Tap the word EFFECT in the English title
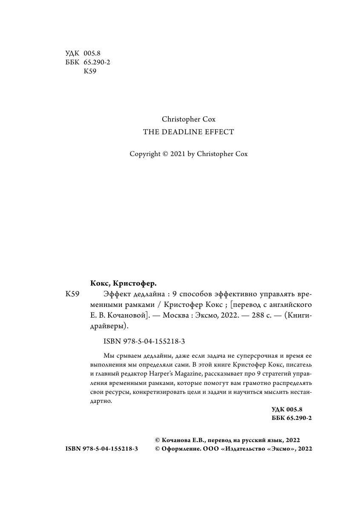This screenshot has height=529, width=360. (x=219, y=132)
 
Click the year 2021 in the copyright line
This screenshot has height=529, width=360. (x=178, y=154)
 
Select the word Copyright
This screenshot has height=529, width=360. (x=144, y=154)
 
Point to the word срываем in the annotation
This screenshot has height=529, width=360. (x=130, y=356)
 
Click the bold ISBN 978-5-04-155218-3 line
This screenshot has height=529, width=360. (x=102, y=449)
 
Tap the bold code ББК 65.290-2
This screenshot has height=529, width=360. (x=291, y=418)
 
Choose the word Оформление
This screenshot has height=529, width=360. (x=180, y=449)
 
